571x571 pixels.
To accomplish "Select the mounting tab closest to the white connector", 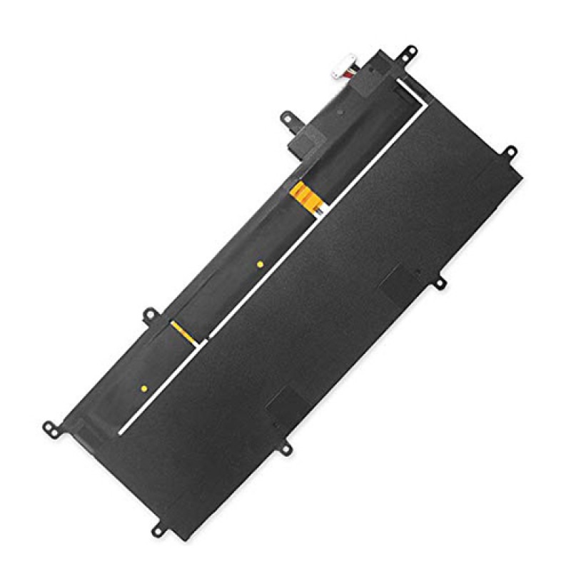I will coord(410,51).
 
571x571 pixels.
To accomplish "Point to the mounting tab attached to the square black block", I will coord(288,116).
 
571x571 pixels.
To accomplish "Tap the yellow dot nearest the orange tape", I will coord(260,264).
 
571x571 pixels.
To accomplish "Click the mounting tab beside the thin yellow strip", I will coord(149,314).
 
